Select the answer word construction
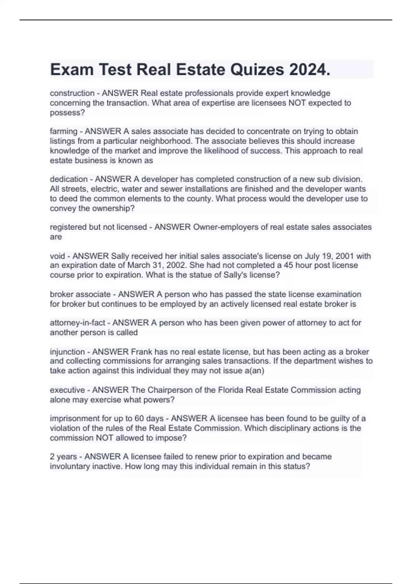point(72,93)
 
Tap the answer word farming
point(64,131)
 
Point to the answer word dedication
point(69,179)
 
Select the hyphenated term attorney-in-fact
point(78,323)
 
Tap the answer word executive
point(67,390)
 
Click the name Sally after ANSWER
point(119,256)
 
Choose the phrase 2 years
point(63,457)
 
